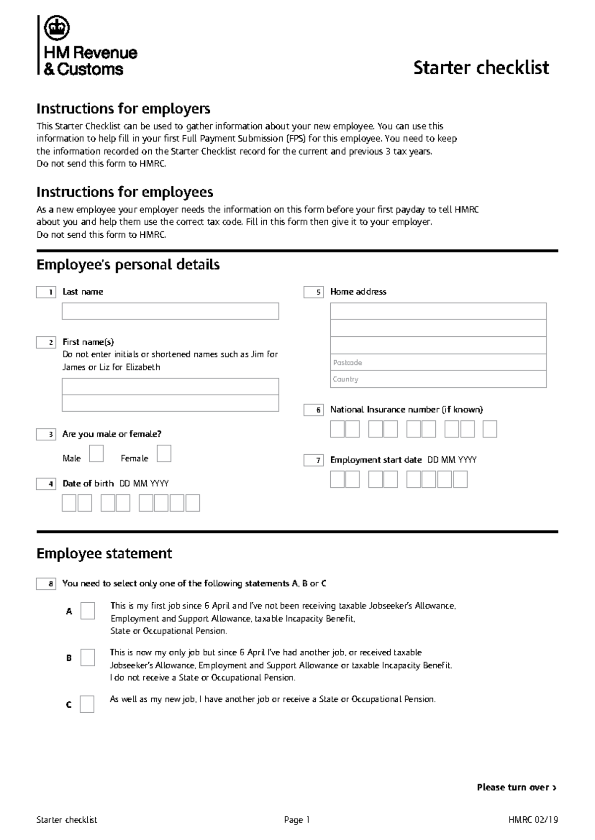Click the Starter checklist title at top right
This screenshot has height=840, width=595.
[481, 67]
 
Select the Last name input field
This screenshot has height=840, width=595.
[170, 311]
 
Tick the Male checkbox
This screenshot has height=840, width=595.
[96, 454]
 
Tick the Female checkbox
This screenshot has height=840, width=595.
[164, 454]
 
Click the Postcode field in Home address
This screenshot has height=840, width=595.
[438, 363]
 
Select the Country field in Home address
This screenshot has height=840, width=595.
[438, 379]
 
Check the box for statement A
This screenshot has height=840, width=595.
[88, 611]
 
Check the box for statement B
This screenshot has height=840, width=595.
[88, 657]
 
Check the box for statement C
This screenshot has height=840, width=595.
[87, 704]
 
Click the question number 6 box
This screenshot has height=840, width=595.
[313, 410]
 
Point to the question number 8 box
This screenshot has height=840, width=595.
[46, 584]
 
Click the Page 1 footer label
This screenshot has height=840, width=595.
[297, 820]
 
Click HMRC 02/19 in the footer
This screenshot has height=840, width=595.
[533, 820]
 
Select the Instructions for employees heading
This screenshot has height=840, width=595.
[124, 192]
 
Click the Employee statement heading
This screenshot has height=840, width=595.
[104, 553]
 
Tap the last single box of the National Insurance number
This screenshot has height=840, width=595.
[489, 429]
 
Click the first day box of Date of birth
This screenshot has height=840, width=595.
[69, 503]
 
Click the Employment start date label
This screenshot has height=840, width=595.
[375, 460]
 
